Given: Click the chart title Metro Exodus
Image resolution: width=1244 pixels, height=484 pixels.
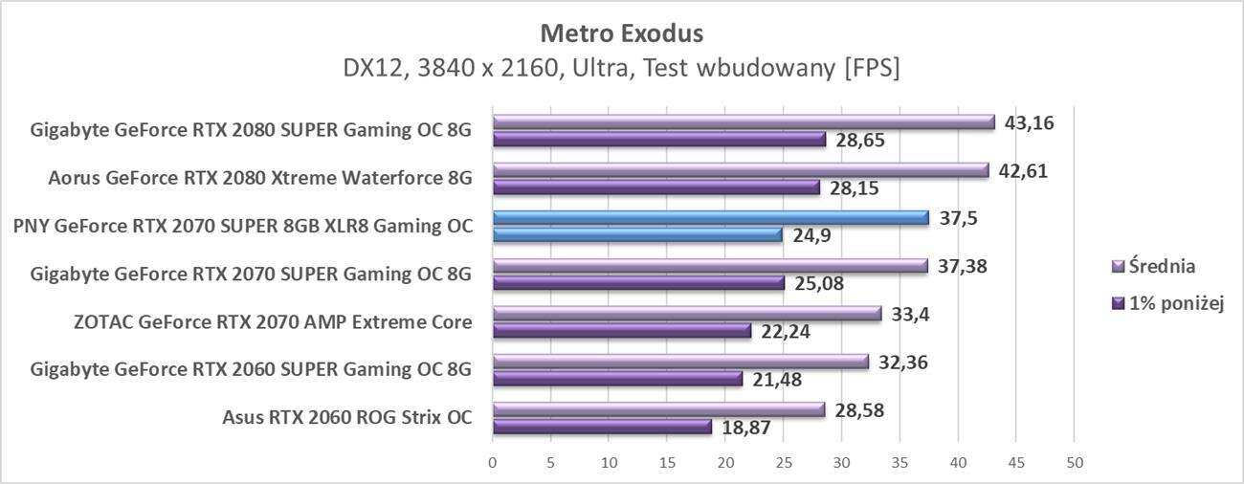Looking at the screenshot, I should point(621,33).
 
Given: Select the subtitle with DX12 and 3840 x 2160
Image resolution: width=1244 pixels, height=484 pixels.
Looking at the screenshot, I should point(621,69).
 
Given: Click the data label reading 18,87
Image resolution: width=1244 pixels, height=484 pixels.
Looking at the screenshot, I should point(747,428).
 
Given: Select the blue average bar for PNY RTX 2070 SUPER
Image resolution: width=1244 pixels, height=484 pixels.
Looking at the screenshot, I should point(710,218).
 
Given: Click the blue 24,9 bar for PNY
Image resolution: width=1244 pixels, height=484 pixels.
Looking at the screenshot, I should point(637,234).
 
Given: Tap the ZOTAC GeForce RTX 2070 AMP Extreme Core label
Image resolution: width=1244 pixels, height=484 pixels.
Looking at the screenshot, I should point(273,321).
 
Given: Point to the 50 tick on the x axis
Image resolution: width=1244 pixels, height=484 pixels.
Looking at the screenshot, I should point(1074,463).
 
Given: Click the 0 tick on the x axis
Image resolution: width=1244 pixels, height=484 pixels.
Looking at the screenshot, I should point(493,463).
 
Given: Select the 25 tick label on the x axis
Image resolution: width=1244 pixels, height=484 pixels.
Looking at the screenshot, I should point(783,463).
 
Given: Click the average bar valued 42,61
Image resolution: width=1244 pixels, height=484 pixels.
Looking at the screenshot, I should point(740,170).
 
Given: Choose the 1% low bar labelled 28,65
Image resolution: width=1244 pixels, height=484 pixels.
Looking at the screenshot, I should point(658,139).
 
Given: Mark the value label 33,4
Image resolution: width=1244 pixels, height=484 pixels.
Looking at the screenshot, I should point(911,315).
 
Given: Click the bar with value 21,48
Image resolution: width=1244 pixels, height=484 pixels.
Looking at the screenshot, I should point(617,379).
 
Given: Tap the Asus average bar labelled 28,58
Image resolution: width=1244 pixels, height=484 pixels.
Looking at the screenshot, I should point(658,409).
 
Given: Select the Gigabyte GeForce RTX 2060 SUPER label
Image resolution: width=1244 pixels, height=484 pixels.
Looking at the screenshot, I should point(251,370).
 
